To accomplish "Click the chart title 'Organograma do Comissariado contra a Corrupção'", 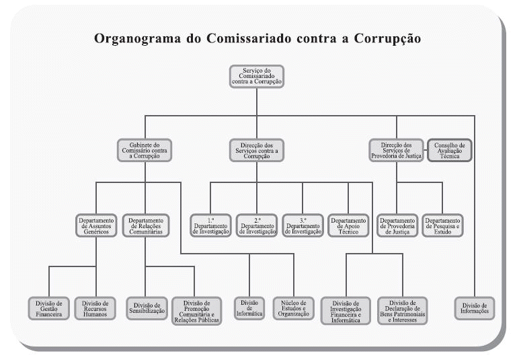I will pos(257,38).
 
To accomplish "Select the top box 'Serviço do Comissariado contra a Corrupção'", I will pos(256,77).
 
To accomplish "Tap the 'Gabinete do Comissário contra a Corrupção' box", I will pos(145,150).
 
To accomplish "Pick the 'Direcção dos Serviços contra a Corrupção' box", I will pos(256,150).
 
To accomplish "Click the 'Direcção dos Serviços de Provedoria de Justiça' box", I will pos(396,150).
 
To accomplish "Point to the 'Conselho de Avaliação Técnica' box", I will pos(450,150).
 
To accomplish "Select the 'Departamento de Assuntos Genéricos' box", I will pos(96,226).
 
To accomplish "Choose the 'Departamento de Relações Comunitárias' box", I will pos(146,226).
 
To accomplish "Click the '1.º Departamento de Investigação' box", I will pos(210,226).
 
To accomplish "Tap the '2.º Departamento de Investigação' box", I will pos(256,226).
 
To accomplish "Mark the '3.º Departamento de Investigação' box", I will pos(303,226).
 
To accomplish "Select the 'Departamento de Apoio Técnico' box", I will pos(348,226).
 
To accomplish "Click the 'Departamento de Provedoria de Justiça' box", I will pos(397,226).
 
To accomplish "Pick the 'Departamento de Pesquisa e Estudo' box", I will pos(443,226).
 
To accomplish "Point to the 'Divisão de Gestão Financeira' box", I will pos(49,308).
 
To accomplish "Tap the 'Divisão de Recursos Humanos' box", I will pos(95,308).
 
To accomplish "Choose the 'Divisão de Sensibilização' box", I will pos(147,308).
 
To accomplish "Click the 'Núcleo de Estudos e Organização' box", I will pos(294,308).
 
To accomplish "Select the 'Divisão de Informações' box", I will pos(475,308).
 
